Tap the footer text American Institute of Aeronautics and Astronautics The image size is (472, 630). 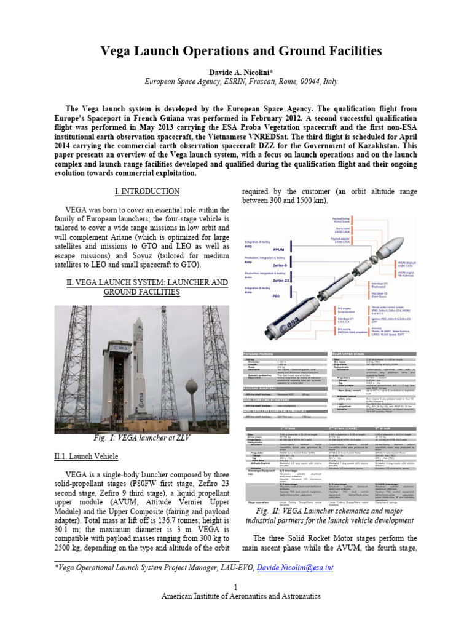tap(236, 596)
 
